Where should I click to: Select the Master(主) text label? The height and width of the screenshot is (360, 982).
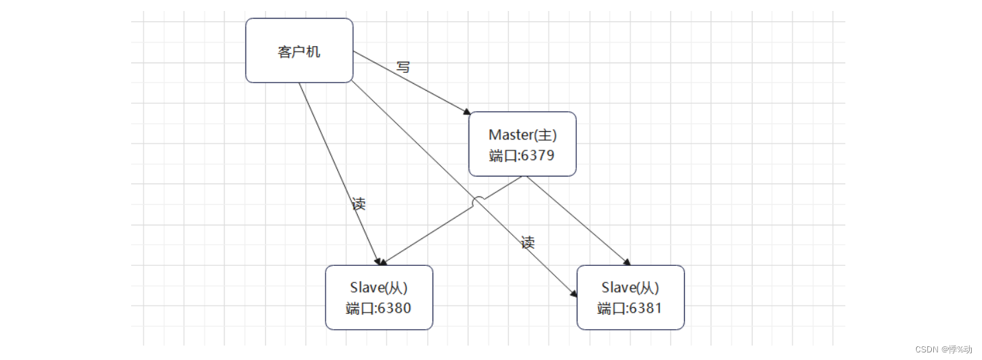click(x=523, y=135)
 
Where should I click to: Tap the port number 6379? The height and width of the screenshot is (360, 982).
click(x=538, y=155)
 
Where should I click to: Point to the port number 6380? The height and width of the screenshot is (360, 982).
click(x=394, y=308)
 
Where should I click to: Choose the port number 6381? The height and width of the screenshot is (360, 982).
click(x=646, y=308)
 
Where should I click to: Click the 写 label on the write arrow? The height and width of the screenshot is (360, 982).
click(x=403, y=67)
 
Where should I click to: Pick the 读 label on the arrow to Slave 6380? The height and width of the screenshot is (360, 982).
click(x=358, y=204)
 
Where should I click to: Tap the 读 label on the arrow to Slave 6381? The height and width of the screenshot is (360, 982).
click(x=527, y=243)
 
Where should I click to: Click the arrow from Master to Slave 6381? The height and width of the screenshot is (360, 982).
click(x=577, y=220)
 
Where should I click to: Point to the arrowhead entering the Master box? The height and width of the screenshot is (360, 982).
click(x=467, y=111)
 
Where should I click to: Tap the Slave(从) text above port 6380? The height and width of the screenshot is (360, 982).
click(x=379, y=288)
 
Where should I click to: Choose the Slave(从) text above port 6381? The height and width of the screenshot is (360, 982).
click(x=630, y=288)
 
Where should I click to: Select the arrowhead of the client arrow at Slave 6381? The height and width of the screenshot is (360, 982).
click(x=573, y=293)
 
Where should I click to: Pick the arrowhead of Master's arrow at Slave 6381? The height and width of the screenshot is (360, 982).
click(x=626, y=262)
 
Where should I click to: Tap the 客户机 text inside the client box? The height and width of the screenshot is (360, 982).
click(x=299, y=52)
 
